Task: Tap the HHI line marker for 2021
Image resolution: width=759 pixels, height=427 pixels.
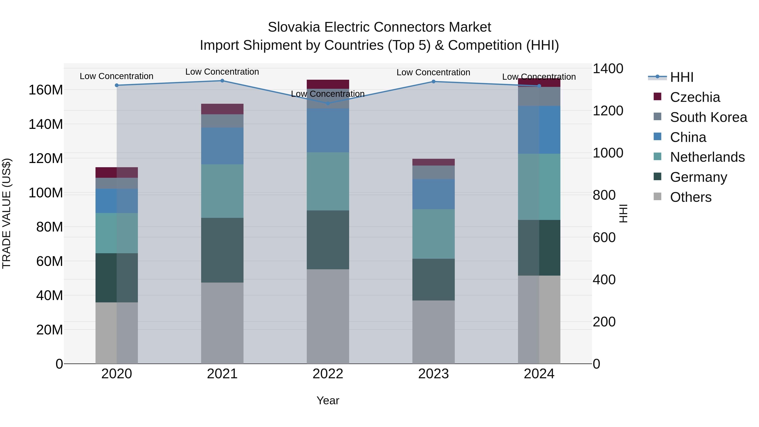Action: point(222,81)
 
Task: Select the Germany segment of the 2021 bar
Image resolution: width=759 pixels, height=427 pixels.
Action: point(222,250)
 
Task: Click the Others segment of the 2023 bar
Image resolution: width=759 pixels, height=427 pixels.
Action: point(433,332)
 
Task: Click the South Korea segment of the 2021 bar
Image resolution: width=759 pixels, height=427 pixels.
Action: point(222,121)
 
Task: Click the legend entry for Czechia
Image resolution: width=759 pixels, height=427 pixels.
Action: point(695,97)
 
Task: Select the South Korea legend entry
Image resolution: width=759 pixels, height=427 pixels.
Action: point(708,117)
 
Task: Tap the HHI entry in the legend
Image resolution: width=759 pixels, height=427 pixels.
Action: point(681,77)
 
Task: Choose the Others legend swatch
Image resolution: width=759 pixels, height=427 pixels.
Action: point(657,197)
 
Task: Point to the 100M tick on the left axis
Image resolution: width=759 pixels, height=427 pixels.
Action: point(46,193)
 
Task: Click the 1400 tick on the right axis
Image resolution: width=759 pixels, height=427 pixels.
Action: point(608,69)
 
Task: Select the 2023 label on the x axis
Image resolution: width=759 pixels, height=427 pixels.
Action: point(433,374)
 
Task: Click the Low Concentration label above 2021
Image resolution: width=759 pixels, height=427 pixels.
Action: point(222,72)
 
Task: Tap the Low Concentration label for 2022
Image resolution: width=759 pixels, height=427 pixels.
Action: point(328,94)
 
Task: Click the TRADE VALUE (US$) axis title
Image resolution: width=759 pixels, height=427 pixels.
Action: point(7,213)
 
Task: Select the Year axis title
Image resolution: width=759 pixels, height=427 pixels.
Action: point(328,400)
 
